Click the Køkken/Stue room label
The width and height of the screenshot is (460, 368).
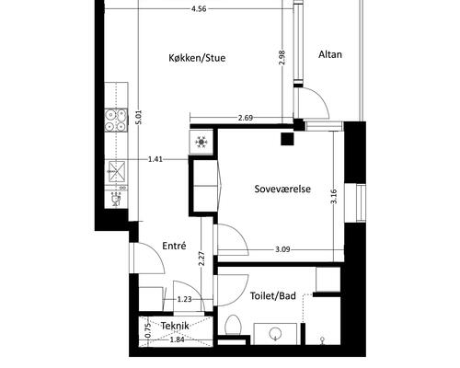(x=197, y=58)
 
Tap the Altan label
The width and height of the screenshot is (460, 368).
(x=330, y=54)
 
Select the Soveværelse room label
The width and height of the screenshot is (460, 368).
(x=282, y=189)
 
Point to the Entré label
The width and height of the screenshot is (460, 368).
(x=174, y=246)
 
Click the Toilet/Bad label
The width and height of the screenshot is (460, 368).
(x=273, y=296)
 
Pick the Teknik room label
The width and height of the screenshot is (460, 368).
(x=175, y=326)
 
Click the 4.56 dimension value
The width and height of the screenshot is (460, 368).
(x=199, y=9)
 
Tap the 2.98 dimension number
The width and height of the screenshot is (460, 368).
(x=282, y=57)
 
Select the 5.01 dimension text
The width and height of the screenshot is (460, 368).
(x=139, y=117)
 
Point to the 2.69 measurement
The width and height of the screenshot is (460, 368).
(x=246, y=118)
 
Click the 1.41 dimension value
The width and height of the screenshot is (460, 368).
(x=155, y=159)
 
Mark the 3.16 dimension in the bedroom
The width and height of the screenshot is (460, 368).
(x=334, y=196)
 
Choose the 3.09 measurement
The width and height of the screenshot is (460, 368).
(x=282, y=249)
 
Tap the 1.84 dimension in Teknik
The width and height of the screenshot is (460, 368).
(x=177, y=339)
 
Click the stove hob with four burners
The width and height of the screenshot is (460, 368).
(x=116, y=121)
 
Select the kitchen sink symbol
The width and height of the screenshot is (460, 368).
(x=116, y=171)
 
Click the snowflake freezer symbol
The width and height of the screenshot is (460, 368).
(x=201, y=142)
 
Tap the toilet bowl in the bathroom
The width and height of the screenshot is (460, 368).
(x=234, y=325)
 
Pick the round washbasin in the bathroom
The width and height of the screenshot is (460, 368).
(x=275, y=334)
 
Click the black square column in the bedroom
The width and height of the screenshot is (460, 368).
(x=287, y=139)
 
